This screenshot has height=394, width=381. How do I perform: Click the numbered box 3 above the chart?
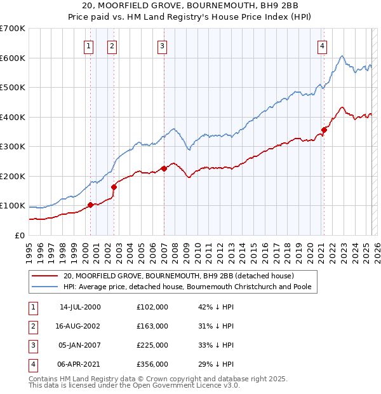point(162,45)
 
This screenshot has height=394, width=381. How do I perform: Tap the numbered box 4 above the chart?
point(323,45)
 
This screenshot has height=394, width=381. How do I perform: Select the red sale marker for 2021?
point(324,130)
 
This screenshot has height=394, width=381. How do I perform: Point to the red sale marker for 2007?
point(164,168)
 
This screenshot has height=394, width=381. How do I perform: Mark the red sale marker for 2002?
point(114,187)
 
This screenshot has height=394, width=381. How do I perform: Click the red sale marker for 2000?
point(90,205)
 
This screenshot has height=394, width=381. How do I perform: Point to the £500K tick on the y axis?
point(13,87)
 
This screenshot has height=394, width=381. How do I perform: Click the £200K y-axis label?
point(13,176)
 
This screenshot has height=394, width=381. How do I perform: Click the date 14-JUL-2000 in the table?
point(80,307)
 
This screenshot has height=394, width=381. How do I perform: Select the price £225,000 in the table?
point(152,345)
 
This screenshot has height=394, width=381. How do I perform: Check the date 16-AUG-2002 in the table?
point(80,326)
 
